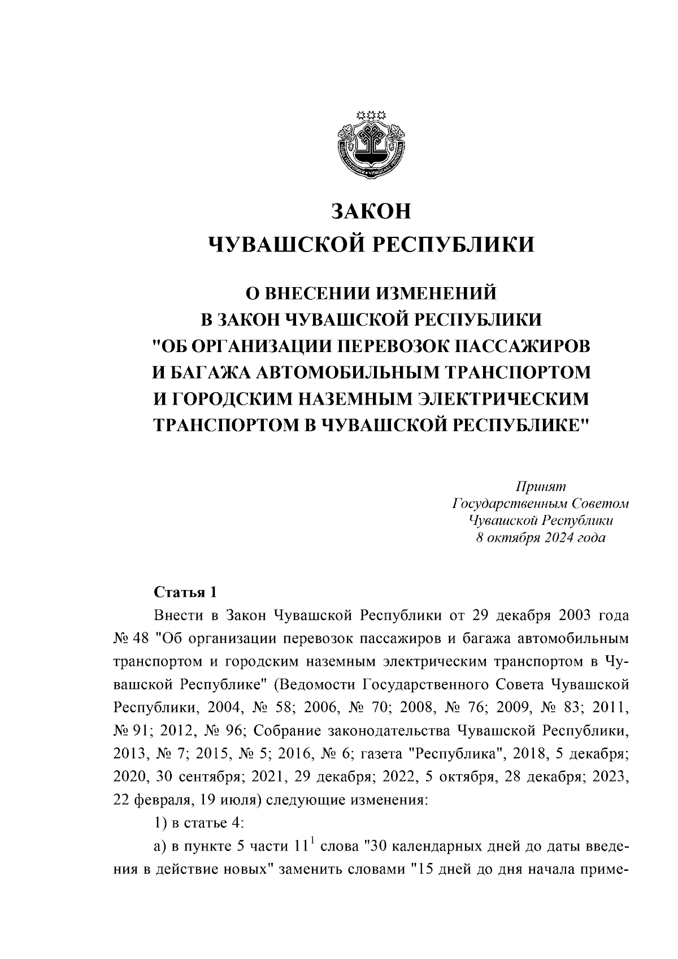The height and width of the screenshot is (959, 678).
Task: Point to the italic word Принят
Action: pos(541,487)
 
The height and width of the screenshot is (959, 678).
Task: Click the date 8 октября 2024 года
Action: pos(541,537)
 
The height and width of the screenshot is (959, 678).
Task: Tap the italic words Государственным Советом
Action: pos(541,504)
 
